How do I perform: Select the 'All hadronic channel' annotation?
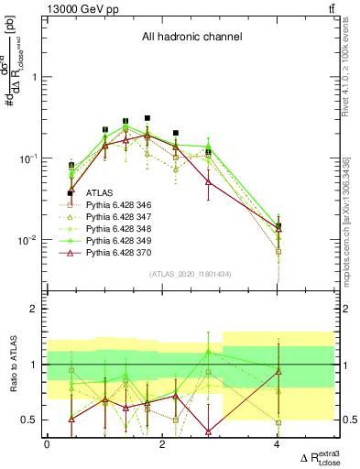pyautogui.click(x=191, y=38)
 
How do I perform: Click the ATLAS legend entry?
pyautogui.click(x=101, y=194)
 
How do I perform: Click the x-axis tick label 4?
pyautogui.click(x=278, y=443)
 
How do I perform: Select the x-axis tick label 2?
pyautogui.click(x=162, y=443)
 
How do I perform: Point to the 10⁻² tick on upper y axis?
pyautogui.click(x=27, y=240)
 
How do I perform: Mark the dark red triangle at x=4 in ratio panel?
pyautogui.click(x=278, y=371)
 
